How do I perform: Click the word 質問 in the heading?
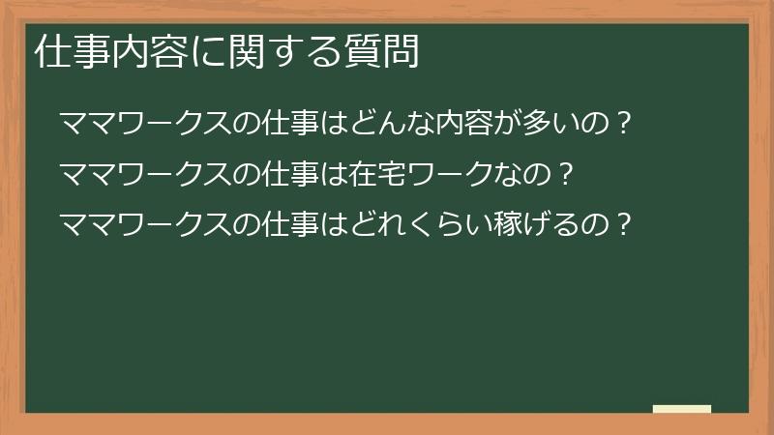[388, 53]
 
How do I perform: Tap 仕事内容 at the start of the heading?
[98, 53]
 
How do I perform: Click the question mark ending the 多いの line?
[623, 125]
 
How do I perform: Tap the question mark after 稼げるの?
[624, 225]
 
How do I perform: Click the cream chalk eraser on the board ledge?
[681, 410]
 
